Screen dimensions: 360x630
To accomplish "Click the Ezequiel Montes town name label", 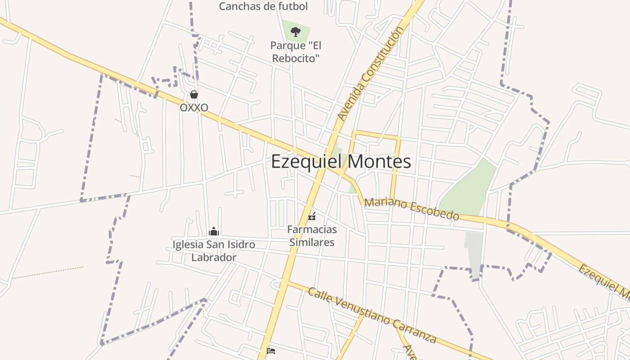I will pyautogui.click(x=341, y=162).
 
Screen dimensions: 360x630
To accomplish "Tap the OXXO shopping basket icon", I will pyautogui.click(x=194, y=94).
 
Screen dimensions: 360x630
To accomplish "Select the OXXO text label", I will pyautogui.click(x=194, y=108).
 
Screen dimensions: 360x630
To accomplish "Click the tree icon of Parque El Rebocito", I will pyautogui.click(x=295, y=31).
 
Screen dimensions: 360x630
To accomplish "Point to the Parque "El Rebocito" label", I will pyautogui.click(x=296, y=52).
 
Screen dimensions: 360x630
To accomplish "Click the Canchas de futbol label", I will pyautogui.click(x=263, y=6).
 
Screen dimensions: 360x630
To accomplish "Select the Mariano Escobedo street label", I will pyautogui.click(x=411, y=209).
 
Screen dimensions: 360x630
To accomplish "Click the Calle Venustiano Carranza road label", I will pyautogui.click(x=372, y=315).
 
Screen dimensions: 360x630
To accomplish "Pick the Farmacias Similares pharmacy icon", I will pyautogui.click(x=312, y=216).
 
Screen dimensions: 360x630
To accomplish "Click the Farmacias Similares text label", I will pyautogui.click(x=312, y=236).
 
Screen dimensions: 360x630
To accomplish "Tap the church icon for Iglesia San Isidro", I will pyautogui.click(x=214, y=231).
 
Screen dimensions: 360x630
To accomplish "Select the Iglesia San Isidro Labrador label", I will pyautogui.click(x=214, y=251).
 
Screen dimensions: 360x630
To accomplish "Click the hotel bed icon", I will pyautogui.click(x=271, y=351).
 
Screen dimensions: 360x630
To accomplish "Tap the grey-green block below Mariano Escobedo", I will pyautogui.click(x=474, y=254).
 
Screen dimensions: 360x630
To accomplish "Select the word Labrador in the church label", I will pyautogui.click(x=214, y=258).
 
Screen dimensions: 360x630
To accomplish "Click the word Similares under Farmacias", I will pyautogui.click(x=312, y=243).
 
